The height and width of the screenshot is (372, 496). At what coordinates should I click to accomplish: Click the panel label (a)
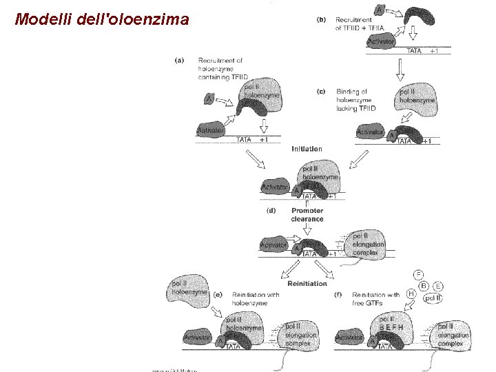(179, 60)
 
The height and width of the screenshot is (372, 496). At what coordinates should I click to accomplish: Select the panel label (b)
(321, 19)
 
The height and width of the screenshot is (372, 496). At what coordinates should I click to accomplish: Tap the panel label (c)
(321, 91)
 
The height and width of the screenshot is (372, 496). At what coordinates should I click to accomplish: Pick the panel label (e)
(218, 295)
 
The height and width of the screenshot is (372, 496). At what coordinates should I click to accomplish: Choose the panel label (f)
(338, 295)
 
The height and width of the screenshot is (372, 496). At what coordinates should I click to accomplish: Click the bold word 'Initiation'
(307, 149)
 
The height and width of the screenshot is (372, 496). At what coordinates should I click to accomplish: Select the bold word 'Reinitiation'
(307, 283)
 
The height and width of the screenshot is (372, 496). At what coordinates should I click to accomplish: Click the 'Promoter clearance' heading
(307, 215)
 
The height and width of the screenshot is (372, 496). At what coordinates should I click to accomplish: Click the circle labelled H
(412, 293)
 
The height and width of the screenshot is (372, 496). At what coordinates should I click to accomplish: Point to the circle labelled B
(424, 285)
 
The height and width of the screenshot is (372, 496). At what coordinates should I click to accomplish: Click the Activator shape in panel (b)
(382, 42)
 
